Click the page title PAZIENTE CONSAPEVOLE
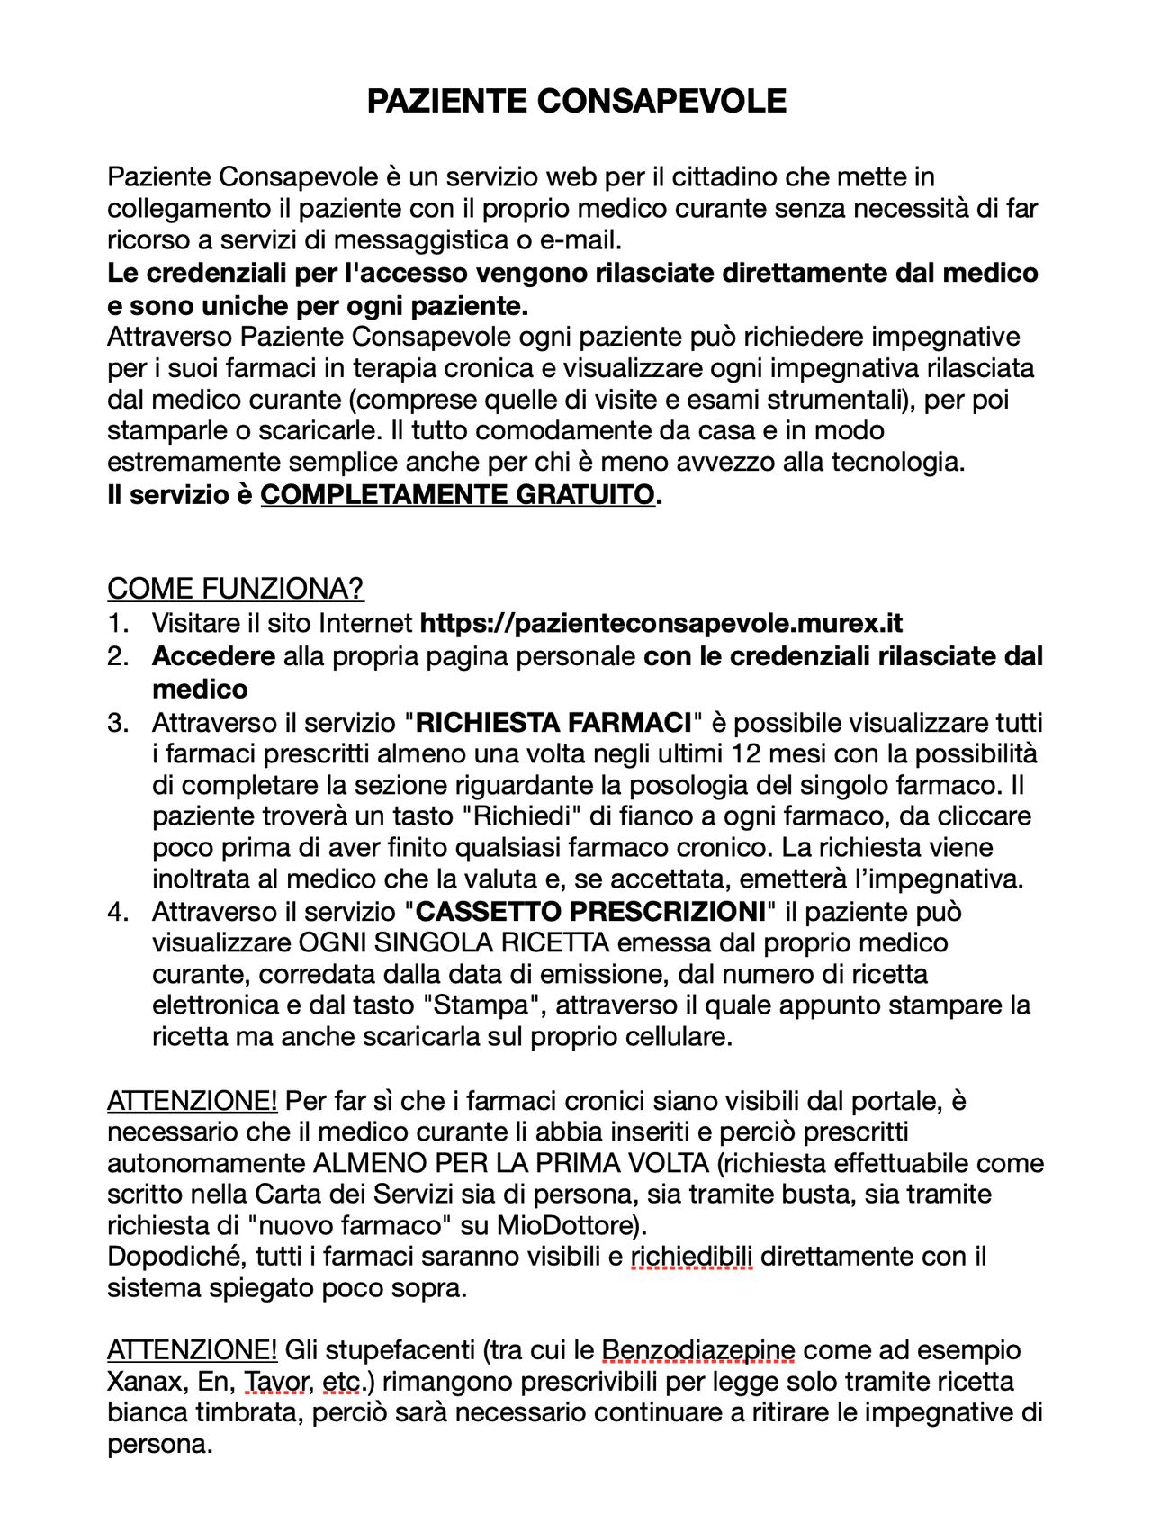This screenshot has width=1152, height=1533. pos(576,101)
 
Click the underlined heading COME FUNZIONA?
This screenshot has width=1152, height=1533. pos(235,589)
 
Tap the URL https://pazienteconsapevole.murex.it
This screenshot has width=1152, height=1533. pos(661,623)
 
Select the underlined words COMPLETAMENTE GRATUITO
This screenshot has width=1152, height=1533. pos(457,494)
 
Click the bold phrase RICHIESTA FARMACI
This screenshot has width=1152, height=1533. pos(553,723)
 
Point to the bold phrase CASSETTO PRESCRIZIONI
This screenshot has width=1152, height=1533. pos(590,912)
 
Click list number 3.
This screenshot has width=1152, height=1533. pos(118,723)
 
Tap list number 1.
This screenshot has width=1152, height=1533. pos(118,623)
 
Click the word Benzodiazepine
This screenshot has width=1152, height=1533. pos(697,1350)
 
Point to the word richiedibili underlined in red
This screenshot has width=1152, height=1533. pos(691,1257)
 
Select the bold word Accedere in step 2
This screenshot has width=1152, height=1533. pos(213,656)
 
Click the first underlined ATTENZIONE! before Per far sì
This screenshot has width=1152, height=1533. pos(192,1101)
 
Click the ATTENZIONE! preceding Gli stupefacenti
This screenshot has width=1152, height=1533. pos(192,1350)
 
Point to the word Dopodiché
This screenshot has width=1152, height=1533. pos(176,1257)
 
